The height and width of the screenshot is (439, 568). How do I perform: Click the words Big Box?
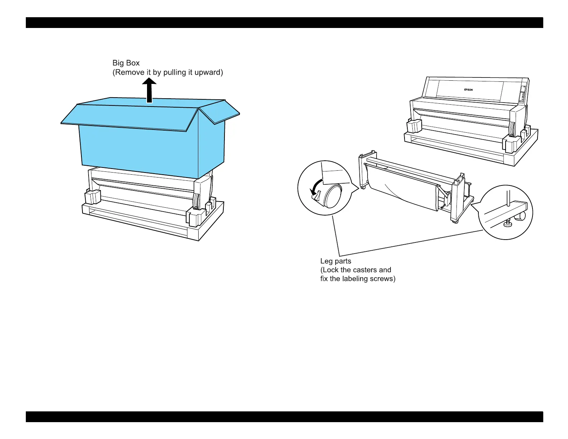(126, 63)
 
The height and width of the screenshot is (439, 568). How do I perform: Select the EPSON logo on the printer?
(468, 90)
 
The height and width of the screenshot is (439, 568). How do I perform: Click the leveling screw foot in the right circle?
(507, 224)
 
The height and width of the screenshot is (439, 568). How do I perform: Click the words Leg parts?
(336, 261)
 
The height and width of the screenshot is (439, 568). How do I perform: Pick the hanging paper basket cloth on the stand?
(402, 188)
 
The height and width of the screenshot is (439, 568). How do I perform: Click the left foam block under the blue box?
(93, 197)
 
